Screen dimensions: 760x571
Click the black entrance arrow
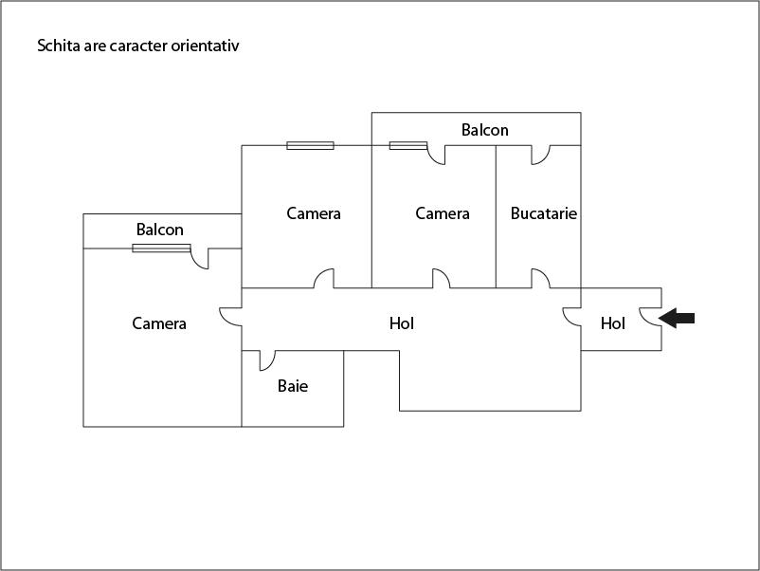(x=677, y=319)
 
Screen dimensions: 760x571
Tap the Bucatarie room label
(x=544, y=213)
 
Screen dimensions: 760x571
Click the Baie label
(x=293, y=386)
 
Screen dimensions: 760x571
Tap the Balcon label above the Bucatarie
(x=484, y=130)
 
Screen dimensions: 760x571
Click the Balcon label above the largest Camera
(x=160, y=230)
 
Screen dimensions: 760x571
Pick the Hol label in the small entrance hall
(x=613, y=323)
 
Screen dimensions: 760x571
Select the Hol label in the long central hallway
(x=402, y=323)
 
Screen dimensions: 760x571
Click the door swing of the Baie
(x=267, y=360)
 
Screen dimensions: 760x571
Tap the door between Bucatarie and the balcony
(x=540, y=155)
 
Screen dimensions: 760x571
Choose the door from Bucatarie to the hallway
(x=540, y=279)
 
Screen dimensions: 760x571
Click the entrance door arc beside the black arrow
(x=650, y=318)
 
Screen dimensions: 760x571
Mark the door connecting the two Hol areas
(x=572, y=317)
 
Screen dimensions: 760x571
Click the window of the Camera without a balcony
(x=310, y=145)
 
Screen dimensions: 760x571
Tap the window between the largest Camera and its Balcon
(x=161, y=249)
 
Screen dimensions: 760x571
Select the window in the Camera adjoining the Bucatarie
(x=408, y=145)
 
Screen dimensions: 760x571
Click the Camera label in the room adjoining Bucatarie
(x=443, y=213)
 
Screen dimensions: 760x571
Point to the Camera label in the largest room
(x=159, y=323)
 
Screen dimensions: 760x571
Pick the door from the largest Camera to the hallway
(x=230, y=317)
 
